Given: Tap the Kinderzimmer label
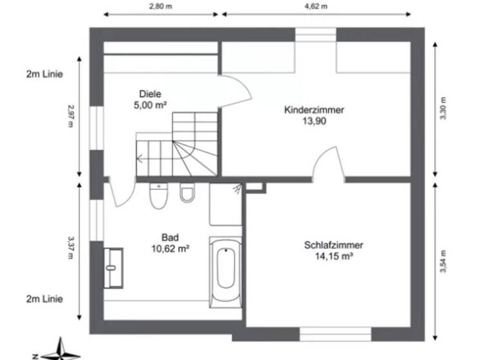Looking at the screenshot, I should (314, 110).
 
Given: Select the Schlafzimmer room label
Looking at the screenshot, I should (334, 245).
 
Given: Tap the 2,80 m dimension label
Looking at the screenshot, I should (161, 6).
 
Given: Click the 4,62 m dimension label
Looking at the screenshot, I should (316, 6).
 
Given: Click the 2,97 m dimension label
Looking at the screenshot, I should (71, 116).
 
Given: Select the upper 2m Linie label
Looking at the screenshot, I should (45, 74).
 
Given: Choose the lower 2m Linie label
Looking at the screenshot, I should (45, 299).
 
